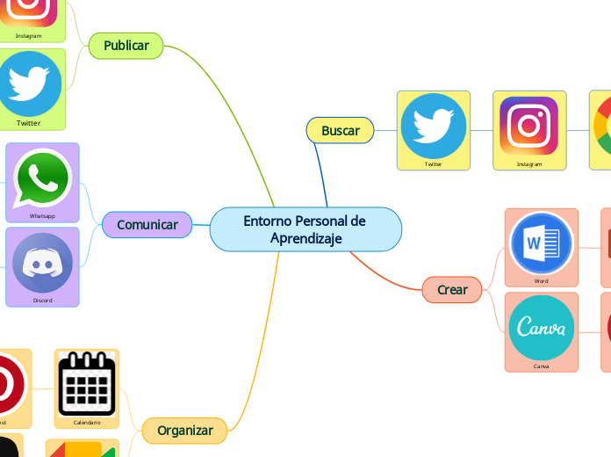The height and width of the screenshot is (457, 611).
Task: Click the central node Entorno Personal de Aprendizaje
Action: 305,229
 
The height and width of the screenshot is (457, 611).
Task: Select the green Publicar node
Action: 126,46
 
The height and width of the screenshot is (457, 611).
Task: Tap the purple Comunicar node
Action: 147,225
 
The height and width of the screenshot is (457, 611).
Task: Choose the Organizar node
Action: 185,431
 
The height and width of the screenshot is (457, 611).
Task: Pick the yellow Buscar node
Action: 341,131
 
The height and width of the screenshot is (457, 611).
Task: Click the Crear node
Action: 452,289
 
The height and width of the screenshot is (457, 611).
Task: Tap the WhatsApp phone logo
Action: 42,178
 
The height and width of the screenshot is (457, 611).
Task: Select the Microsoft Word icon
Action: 542,242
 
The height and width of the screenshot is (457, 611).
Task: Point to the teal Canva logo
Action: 542,328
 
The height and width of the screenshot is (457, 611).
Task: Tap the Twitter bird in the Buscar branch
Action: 433,124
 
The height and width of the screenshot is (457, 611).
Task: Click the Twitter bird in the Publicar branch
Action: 29,82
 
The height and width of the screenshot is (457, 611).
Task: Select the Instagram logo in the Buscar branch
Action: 529,125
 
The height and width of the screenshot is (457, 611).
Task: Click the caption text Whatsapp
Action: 42,215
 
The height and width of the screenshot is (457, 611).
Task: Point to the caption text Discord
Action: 42,301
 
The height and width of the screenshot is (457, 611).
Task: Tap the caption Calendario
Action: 87,423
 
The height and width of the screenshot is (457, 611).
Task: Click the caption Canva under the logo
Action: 542,366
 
